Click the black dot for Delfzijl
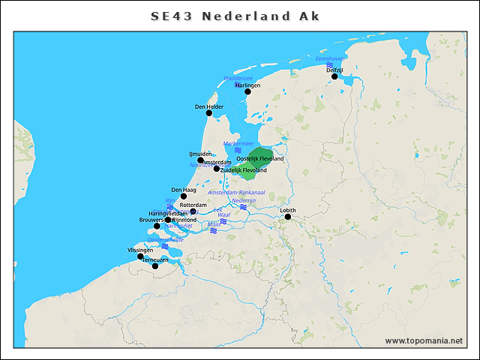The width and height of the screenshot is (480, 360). coord(334,76)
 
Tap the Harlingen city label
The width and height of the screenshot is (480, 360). coord(247,85)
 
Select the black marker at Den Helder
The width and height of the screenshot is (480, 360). coord(209,113)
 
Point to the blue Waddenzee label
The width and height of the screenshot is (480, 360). coord(238,78)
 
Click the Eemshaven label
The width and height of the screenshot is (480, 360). coord(331,58)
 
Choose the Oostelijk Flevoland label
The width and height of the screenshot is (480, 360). coord(260,159)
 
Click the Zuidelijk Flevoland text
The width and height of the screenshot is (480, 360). coord(244,170)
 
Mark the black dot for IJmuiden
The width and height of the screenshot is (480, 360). coord(200,160)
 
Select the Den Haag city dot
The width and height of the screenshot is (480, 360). coord(184,196)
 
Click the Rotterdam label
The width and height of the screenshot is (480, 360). coord(193,205)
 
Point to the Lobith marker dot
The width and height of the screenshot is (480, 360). coord(287,217)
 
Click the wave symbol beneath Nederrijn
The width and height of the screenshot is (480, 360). coord(244,207)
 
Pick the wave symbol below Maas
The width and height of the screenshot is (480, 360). coord(214,231)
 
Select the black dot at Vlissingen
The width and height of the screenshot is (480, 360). coord(140,256)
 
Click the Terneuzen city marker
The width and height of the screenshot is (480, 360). coord(155,266)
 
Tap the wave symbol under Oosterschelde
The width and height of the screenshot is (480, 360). coord(165,246)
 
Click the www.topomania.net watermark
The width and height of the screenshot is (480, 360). coord(424,341)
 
